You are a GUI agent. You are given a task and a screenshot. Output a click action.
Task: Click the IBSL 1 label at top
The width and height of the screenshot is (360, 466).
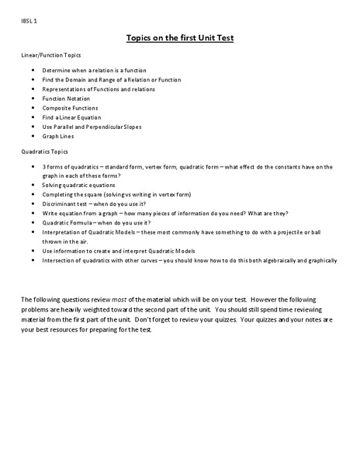(x=28, y=21)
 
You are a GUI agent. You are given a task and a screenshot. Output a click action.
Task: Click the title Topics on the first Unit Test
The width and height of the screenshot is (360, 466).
(x=179, y=37)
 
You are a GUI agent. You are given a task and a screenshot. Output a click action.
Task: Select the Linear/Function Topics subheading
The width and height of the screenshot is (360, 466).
(x=50, y=55)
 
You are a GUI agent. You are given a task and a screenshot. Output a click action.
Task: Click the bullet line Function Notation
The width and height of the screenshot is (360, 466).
(x=66, y=99)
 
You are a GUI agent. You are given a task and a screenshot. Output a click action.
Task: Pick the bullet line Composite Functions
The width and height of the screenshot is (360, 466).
(x=70, y=108)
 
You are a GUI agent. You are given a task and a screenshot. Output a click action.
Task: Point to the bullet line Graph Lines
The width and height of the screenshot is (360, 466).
(x=59, y=136)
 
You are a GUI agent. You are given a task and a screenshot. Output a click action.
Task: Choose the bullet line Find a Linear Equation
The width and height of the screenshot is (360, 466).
(x=72, y=117)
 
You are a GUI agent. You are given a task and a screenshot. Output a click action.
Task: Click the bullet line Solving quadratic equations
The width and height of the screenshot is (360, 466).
(x=78, y=185)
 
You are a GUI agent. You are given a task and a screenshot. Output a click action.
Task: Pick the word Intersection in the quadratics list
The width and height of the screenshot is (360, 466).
(x=61, y=260)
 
